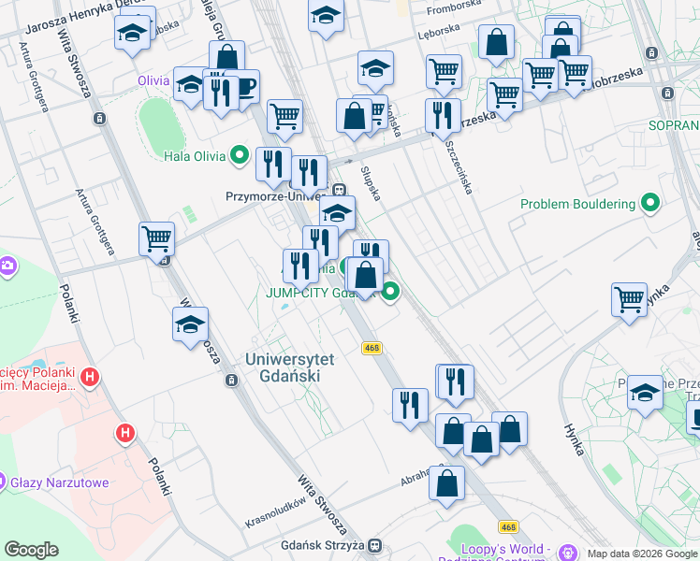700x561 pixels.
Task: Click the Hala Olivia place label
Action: (x=194, y=156)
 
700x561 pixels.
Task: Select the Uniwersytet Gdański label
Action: (x=283, y=367)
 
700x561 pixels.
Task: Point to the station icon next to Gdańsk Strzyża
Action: (x=374, y=545)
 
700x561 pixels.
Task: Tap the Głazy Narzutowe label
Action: (x=59, y=483)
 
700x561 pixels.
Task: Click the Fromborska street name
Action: (x=453, y=10)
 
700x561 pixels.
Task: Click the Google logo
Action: (x=31, y=550)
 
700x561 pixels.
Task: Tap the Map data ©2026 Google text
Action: (x=643, y=554)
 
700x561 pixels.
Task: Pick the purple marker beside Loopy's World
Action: (x=567, y=550)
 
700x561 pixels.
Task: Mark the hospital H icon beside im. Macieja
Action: (x=89, y=378)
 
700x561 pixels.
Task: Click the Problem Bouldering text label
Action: (x=578, y=204)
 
